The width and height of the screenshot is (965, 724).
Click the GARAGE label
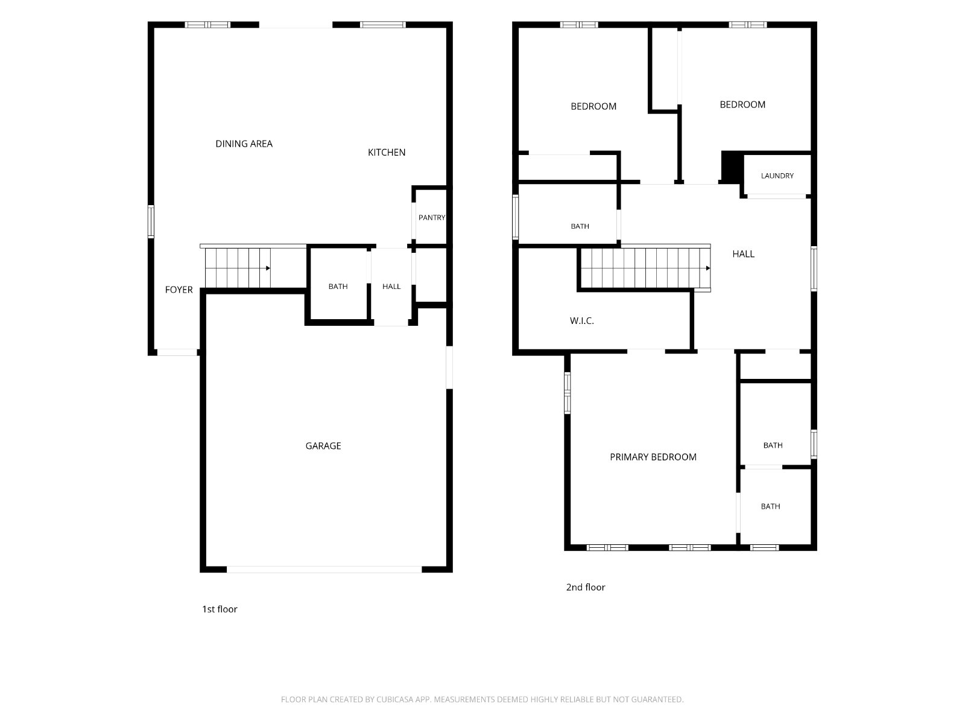coord(323,446)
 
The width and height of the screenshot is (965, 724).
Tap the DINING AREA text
coord(244,144)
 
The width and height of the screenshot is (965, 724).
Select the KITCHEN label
coord(387,153)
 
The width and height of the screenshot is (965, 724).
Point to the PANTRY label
coord(432,218)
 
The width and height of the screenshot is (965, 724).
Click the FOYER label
coord(179,290)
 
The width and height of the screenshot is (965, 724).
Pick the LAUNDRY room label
coord(777,176)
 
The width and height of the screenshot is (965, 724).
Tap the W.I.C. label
coord(581,321)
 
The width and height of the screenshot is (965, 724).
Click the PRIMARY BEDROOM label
coord(653,457)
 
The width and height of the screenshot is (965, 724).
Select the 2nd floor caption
coord(586,587)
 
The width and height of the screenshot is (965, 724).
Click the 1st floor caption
coord(220,609)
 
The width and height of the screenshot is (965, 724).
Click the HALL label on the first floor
coord(391,287)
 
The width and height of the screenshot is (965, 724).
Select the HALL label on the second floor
coord(744,254)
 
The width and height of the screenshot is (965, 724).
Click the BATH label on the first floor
coord(338,287)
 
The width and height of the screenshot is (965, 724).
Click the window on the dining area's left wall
coord(151,221)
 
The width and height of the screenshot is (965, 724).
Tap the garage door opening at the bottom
coord(324,570)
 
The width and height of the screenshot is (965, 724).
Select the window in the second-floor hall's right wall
coord(814,268)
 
